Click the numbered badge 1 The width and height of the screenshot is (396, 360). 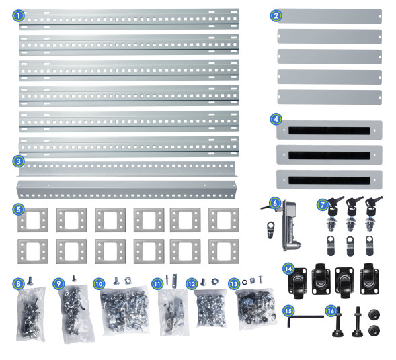(x=18, y=15)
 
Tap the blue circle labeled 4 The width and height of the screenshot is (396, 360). (x=276, y=119)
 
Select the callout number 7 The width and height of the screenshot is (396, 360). (x=323, y=205)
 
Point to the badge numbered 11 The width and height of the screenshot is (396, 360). (x=157, y=284)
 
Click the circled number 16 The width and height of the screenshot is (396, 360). (x=331, y=311)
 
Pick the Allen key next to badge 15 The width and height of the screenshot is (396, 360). (x=306, y=318)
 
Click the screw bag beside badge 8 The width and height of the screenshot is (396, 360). (x=32, y=314)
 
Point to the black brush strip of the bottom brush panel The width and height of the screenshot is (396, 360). (x=329, y=180)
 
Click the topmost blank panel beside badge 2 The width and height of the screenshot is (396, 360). (x=329, y=16)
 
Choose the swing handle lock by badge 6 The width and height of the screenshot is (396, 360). (x=290, y=225)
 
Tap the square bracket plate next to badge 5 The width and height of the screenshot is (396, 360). (x=33, y=220)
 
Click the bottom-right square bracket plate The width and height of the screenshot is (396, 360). (x=224, y=251)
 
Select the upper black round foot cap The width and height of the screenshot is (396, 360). (x=374, y=315)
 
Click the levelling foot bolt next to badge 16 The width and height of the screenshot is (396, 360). (x=338, y=323)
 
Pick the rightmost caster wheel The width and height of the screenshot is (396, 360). (x=369, y=279)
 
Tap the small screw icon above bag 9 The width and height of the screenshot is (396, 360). (x=74, y=279)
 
